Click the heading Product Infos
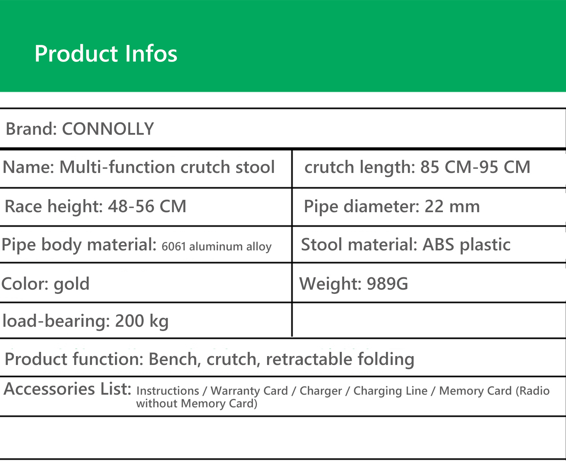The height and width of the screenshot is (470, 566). [x=106, y=54]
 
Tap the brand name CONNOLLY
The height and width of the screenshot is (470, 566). [x=108, y=129]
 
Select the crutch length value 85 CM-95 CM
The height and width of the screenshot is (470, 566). [x=475, y=167]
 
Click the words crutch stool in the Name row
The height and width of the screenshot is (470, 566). [x=227, y=167]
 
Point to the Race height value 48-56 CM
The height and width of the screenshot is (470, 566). [x=147, y=206]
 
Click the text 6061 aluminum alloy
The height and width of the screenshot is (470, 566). [x=216, y=246]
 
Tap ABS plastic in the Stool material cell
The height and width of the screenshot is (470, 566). [x=467, y=244]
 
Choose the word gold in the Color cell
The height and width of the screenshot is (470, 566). [x=71, y=284]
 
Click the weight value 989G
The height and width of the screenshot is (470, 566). [x=387, y=284]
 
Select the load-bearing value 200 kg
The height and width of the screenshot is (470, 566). [x=142, y=321]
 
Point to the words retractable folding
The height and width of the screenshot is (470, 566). [x=340, y=359]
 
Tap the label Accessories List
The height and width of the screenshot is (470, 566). [x=68, y=389]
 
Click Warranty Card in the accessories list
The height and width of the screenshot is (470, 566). [x=249, y=391]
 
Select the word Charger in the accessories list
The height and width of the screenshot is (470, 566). [x=321, y=391]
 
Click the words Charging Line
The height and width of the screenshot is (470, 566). [x=391, y=391]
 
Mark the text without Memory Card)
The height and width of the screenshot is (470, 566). [x=197, y=404]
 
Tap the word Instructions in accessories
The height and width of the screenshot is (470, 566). [x=168, y=391]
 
